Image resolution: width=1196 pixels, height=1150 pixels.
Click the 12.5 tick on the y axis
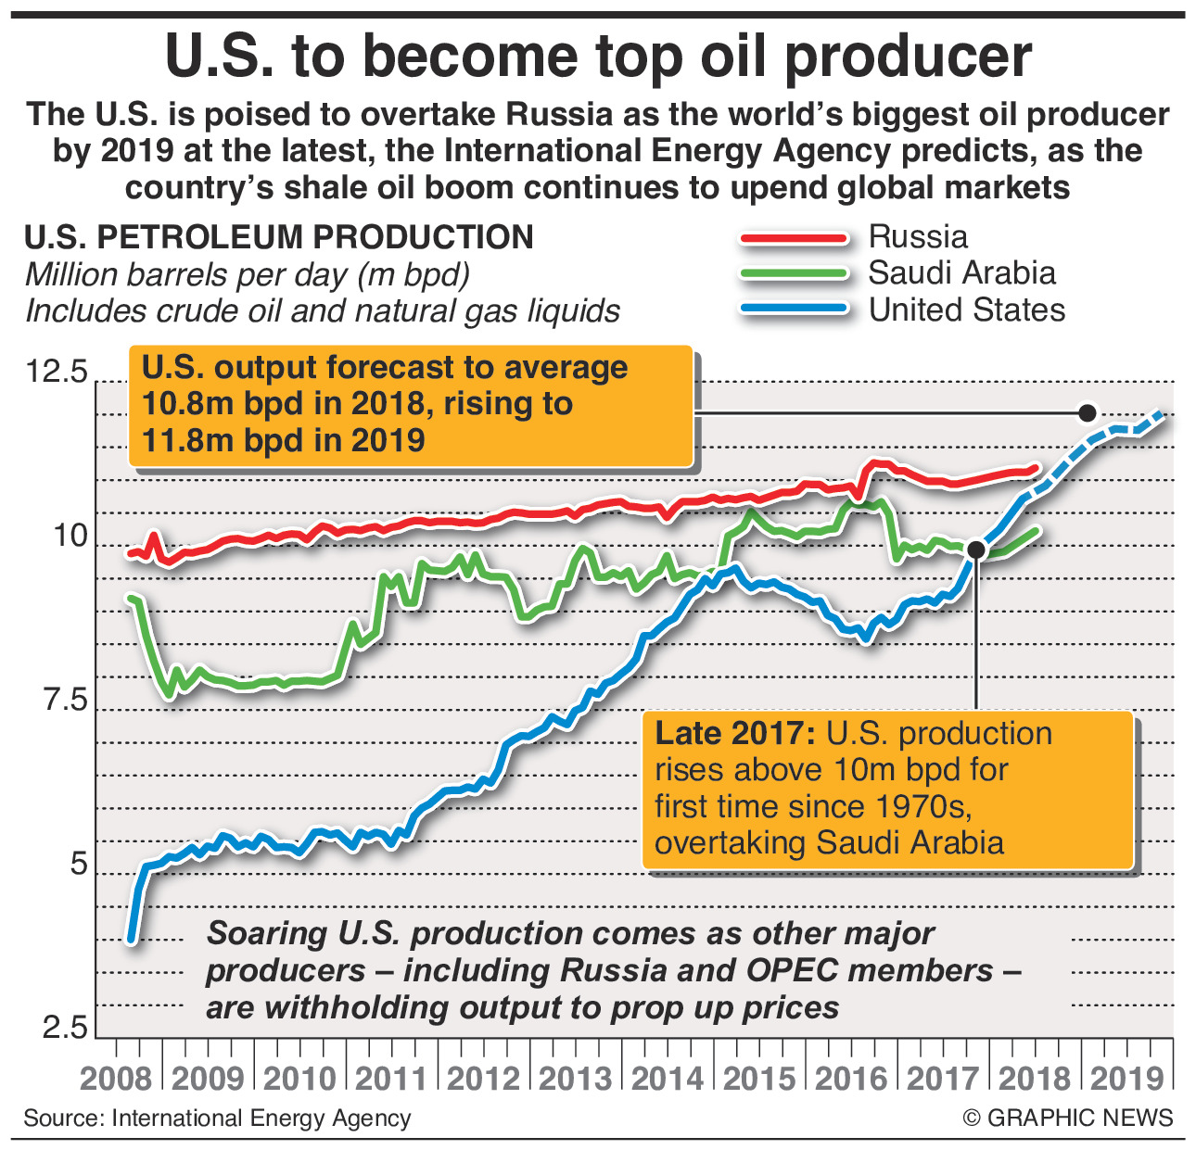click(x=57, y=373)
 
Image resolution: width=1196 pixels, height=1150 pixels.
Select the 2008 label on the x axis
click(x=116, y=1079)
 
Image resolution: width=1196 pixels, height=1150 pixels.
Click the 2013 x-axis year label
click(x=576, y=1079)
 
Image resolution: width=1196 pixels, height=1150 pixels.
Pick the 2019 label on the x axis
click(x=1126, y=1079)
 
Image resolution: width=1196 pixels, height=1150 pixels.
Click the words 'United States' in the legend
click(x=967, y=310)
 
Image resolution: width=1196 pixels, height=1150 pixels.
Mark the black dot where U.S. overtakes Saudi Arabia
click(x=975, y=550)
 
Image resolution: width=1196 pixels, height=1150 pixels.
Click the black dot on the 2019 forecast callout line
click(x=1088, y=412)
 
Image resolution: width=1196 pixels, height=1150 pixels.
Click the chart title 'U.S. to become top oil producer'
click(x=598, y=57)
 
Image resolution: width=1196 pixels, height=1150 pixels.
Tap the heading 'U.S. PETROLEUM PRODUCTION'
click(x=279, y=237)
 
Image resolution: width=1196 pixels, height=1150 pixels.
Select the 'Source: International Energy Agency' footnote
click(x=217, y=1118)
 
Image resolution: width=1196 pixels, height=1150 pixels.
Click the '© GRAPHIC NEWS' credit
click(x=1068, y=1118)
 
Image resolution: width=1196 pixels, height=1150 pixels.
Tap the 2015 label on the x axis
click(x=759, y=1079)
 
